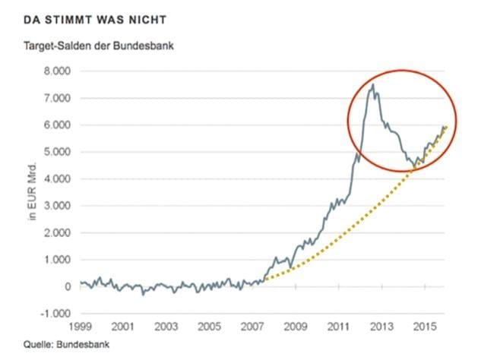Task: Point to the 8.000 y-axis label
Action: click(x=55, y=71)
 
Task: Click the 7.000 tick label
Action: click(x=55, y=98)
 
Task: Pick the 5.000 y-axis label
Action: click(x=55, y=152)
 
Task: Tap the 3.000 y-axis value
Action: click(x=55, y=206)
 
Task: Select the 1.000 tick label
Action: click(x=55, y=260)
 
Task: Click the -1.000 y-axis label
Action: click(x=54, y=314)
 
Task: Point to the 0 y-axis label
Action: click(x=66, y=287)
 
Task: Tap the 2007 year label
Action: click(x=252, y=327)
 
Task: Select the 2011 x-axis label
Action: click(x=338, y=327)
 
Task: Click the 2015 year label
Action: click(x=424, y=327)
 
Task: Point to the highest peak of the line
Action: click(x=372, y=85)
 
